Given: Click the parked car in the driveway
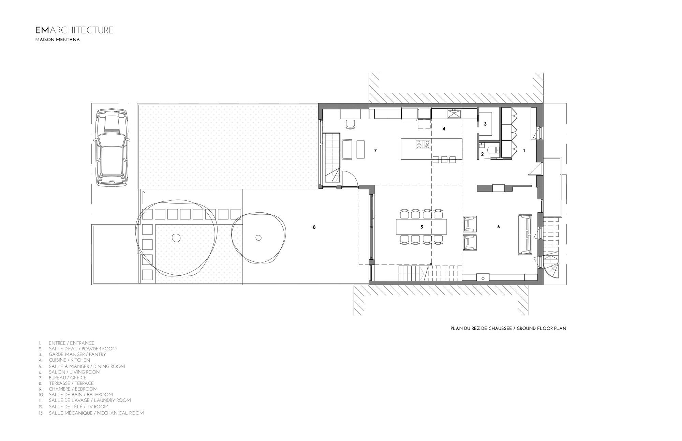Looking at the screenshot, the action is pos(112,147).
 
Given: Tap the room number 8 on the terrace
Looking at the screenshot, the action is pos(314,227).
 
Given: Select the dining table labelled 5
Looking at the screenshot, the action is pos(421,227).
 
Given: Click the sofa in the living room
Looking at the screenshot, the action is pos(525,234).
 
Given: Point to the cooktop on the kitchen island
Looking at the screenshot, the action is pos(422,145).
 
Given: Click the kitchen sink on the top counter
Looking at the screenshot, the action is pos(454,113).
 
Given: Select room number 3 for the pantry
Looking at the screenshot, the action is pos(485,124).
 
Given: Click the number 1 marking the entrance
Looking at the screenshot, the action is pos(524,150).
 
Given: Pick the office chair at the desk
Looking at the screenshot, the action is pos(350,124).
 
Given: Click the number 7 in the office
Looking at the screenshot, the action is pos(375,150).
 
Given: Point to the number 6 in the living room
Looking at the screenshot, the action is pos(499,227).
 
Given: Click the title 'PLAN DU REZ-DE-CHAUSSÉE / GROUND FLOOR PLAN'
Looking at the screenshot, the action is pos(508,329).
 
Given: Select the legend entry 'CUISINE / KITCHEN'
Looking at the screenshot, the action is pos(69,360).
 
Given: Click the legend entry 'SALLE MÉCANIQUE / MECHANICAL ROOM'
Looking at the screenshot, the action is pos(96,413).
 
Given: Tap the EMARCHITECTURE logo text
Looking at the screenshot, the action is pos(74,30).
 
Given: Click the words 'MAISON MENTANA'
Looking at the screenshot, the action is pos(58,40).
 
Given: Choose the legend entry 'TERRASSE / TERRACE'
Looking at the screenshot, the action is pos(71,383).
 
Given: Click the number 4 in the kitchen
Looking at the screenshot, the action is pos(444,129).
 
